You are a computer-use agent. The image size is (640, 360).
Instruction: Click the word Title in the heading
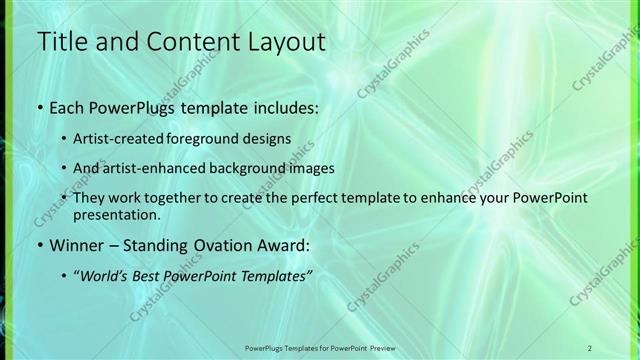tap(62, 41)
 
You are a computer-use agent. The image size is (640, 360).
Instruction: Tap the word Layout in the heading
tap(280, 41)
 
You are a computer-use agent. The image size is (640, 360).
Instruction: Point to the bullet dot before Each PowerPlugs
tap(39, 107)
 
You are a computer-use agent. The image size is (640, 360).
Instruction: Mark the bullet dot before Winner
tap(39, 245)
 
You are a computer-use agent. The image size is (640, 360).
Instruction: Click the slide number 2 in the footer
tap(589, 347)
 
